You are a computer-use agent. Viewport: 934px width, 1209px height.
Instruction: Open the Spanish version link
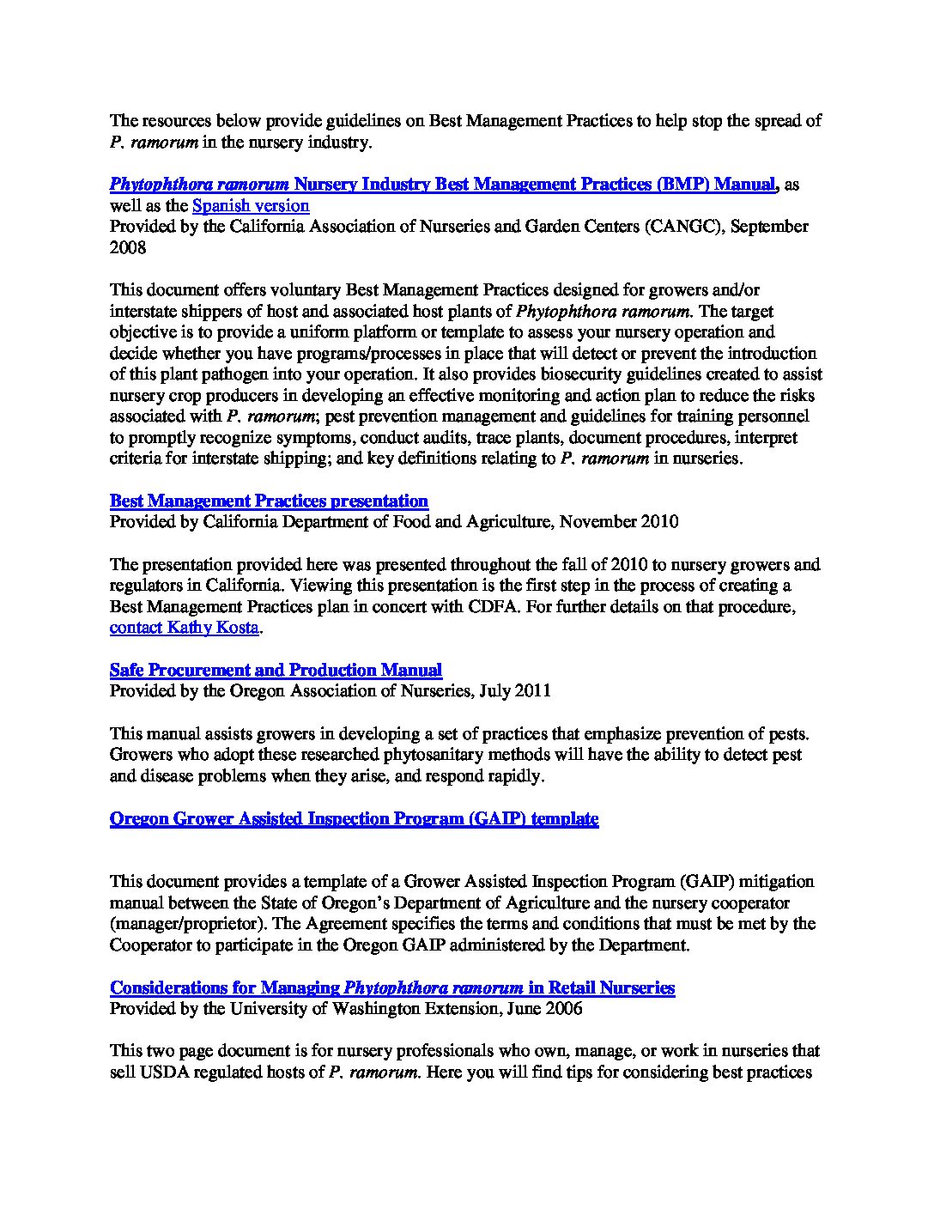pyautogui.click(x=251, y=205)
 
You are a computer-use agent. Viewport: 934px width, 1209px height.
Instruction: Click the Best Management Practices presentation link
pyautogui.click(x=269, y=501)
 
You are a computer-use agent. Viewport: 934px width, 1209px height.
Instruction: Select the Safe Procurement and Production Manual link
pyautogui.click(x=276, y=670)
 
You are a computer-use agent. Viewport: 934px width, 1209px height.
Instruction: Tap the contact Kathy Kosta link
pyautogui.click(x=184, y=628)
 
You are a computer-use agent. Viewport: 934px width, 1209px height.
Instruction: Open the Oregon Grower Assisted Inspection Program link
pyautogui.click(x=354, y=818)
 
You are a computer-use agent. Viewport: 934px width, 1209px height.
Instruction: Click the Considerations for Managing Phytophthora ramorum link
pyautogui.click(x=392, y=987)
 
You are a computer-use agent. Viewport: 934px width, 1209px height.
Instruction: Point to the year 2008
pyautogui.click(x=128, y=247)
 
